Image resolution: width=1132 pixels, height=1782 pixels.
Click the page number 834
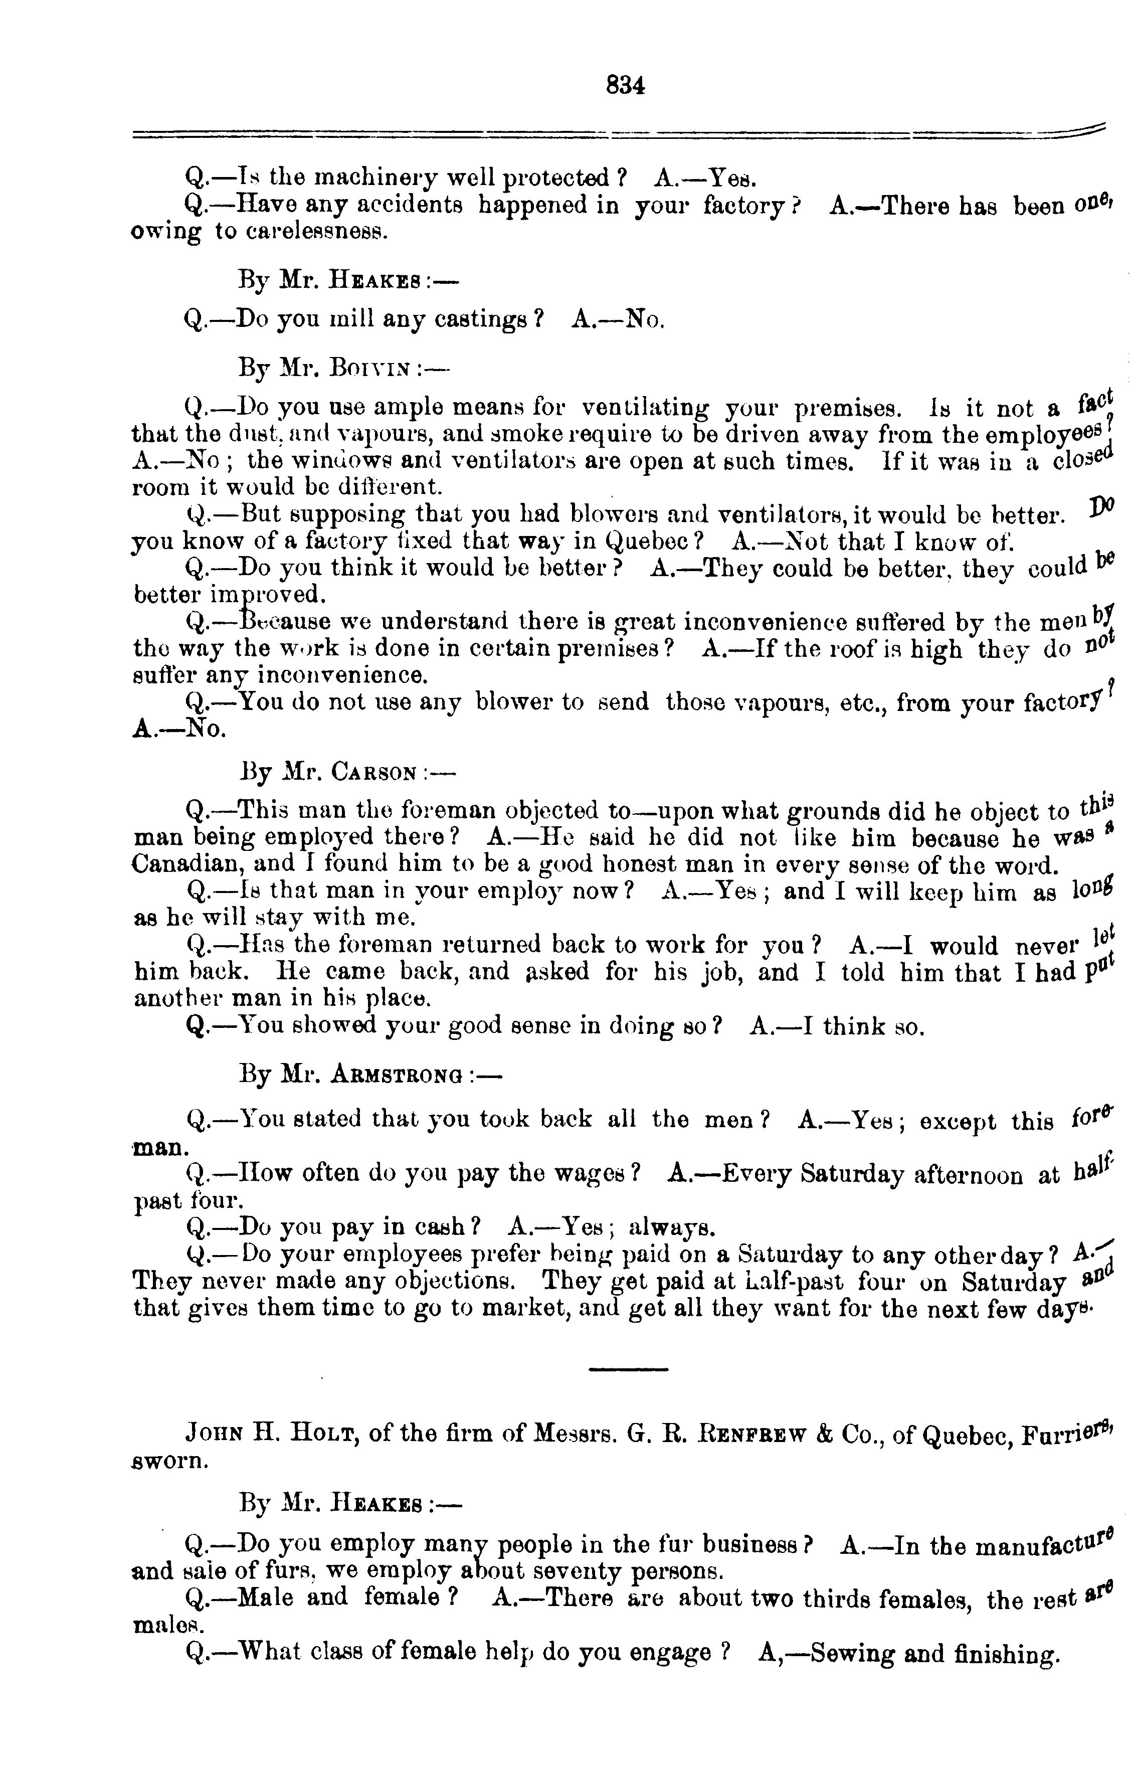(x=625, y=86)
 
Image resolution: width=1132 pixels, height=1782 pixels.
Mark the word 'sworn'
(x=166, y=1462)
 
